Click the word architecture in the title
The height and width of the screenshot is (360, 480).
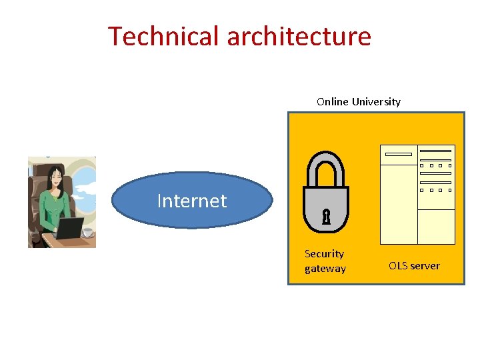point(299,36)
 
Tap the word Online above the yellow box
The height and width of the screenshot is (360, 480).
point(332,102)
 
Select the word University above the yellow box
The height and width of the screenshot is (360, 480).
point(376,102)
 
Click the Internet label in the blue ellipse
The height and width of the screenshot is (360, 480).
point(192,201)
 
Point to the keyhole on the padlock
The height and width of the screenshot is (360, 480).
point(326,217)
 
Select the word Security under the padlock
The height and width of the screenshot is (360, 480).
point(324,254)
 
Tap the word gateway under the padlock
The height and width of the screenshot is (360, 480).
point(325,269)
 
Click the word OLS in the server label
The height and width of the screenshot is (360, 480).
point(399,266)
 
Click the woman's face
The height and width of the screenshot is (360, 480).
point(55,179)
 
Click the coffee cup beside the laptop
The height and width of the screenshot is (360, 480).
point(87,233)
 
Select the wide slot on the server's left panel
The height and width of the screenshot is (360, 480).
point(399,154)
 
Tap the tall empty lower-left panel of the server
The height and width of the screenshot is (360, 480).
point(399,204)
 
